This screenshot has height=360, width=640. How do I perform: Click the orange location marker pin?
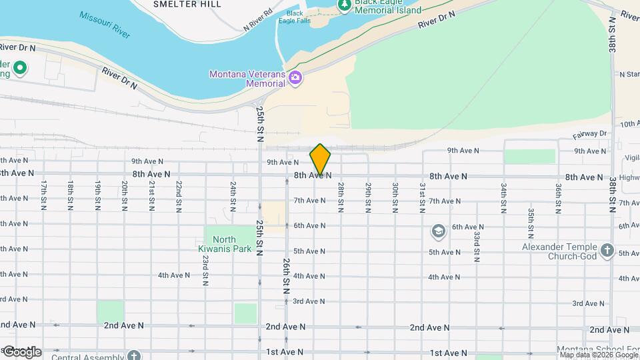click(x=320, y=159)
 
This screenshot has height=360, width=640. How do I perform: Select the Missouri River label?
click(x=105, y=24)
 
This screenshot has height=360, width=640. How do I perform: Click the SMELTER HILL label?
click(x=177, y=4)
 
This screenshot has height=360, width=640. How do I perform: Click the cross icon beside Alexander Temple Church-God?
click(x=607, y=251)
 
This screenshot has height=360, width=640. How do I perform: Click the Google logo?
click(x=21, y=351)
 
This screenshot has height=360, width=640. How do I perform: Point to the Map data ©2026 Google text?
click(x=598, y=354)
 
